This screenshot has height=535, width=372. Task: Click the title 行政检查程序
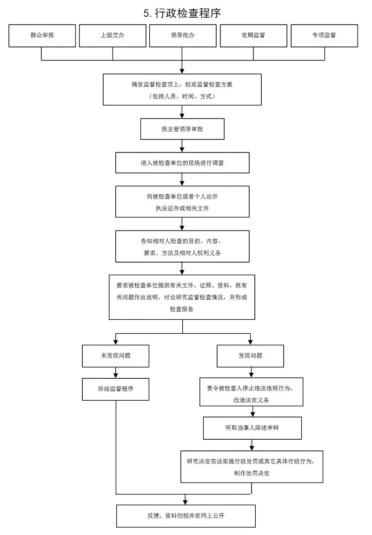click(x=182, y=13)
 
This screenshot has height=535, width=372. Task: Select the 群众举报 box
click(x=42, y=35)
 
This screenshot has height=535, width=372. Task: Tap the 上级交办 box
click(x=113, y=35)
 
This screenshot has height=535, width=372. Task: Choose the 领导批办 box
click(x=182, y=35)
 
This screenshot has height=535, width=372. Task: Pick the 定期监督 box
click(x=253, y=35)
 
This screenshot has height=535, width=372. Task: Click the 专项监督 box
click(x=325, y=35)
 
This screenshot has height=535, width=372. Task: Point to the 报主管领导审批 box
click(x=182, y=129)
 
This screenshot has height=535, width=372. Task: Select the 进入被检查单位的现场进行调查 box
click(x=182, y=163)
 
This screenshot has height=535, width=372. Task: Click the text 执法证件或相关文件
click(x=182, y=208)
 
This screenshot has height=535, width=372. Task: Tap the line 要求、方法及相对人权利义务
click(x=182, y=253)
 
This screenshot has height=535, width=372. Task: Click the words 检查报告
click(x=182, y=309)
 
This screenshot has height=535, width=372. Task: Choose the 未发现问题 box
click(x=116, y=356)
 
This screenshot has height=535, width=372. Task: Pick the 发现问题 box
click(x=251, y=356)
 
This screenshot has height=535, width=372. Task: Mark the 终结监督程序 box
click(x=116, y=389)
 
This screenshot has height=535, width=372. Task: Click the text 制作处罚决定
click(x=252, y=473)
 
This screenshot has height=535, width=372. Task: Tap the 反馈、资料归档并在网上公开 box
click(x=186, y=515)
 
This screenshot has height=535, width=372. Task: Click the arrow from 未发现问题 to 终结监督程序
click(x=116, y=372)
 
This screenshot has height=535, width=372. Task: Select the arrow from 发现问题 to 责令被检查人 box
click(x=251, y=372)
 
